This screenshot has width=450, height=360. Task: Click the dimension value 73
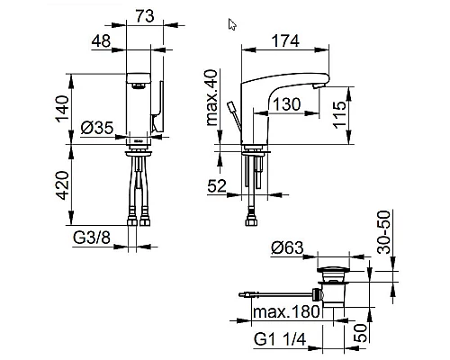click(x=145, y=16)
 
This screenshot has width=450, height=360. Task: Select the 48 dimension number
click(x=101, y=40)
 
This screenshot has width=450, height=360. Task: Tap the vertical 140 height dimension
click(x=62, y=109)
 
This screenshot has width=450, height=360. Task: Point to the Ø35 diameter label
click(x=97, y=128)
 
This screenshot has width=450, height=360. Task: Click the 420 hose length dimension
click(x=63, y=185)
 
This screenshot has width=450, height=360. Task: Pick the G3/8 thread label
click(x=92, y=238)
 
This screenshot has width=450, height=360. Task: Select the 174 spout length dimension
click(x=285, y=40)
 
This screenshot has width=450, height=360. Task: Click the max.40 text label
click(x=212, y=97)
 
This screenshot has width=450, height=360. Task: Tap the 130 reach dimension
click(x=286, y=104)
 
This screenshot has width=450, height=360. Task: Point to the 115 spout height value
click(x=340, y=114)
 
